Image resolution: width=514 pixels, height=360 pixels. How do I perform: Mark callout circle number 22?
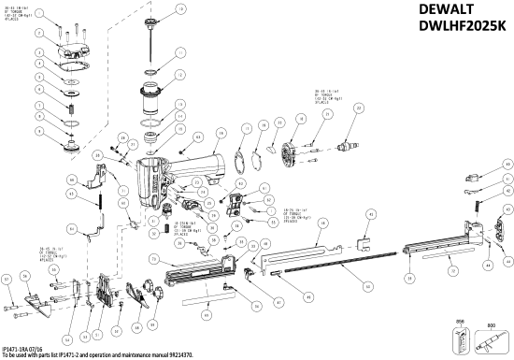(x=359, y=109)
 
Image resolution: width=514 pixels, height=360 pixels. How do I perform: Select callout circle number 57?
(x=7, y=279)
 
